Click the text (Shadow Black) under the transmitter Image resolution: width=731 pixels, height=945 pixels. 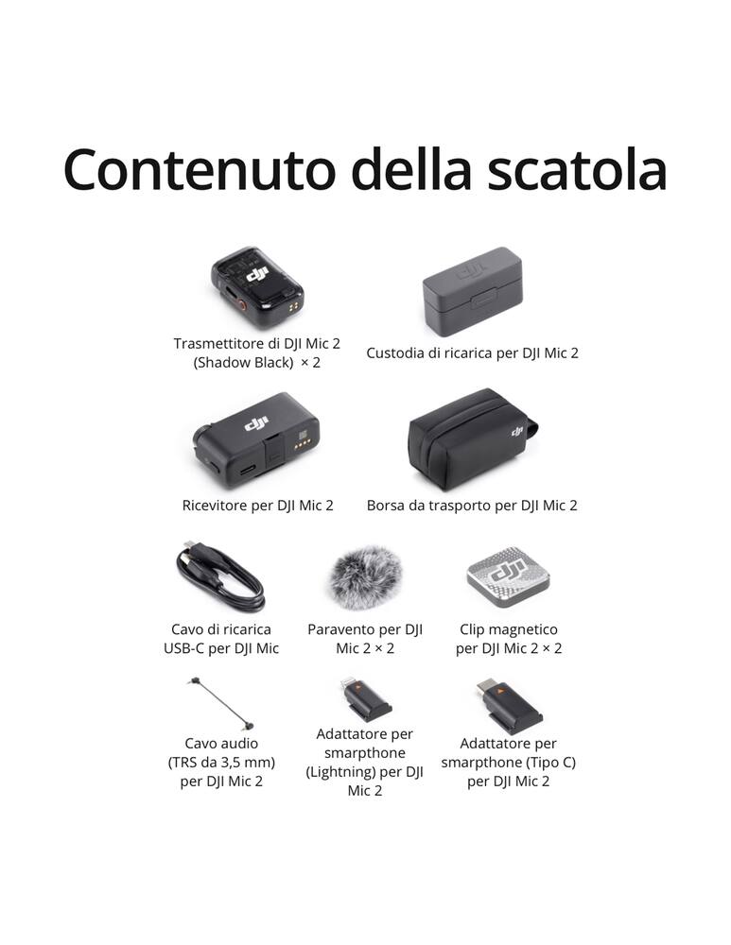243,363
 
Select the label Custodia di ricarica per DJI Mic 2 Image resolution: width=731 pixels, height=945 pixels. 472,353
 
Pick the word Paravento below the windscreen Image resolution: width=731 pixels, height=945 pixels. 344,629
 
